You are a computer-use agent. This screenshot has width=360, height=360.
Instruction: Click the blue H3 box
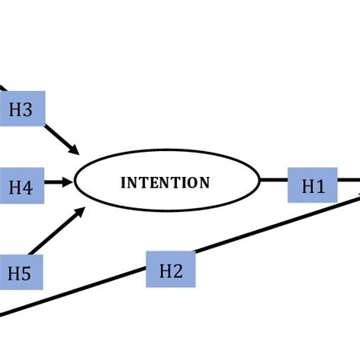click(x=22, y=110)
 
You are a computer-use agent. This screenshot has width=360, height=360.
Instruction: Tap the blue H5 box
click(x=21, y=273)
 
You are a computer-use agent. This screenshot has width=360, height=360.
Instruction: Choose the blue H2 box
click(x=171, y=270)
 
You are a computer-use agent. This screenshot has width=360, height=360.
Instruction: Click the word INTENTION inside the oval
click(x=166, y=183)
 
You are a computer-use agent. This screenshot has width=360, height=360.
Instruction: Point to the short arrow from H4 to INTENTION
click(x=58, y=182)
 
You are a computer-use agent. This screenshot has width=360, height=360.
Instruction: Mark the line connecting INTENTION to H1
click(x=273, y=182)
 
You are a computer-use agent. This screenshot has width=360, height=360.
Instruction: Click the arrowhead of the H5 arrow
click(x=80, y=213)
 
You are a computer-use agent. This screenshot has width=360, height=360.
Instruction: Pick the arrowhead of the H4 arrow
click(x=68, y=182)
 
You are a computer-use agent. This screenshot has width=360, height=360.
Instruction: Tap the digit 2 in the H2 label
click(x=178, y=271)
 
